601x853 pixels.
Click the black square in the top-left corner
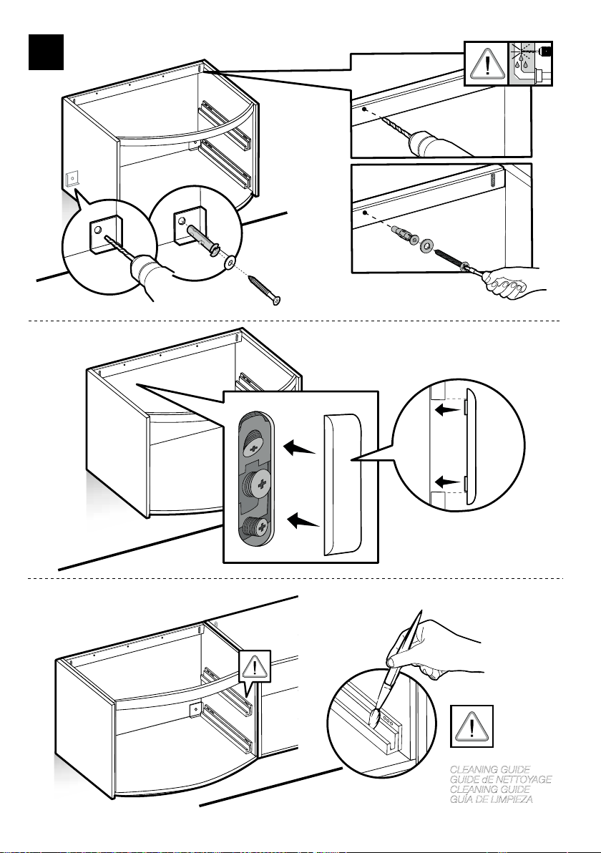click(47, 52)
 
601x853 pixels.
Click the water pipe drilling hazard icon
click(530, 64)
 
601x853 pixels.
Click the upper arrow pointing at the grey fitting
click(300, 449)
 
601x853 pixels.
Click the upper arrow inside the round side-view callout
click(448, 409)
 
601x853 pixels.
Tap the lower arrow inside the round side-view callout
click(448, 482)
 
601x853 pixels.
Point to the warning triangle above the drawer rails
click(254, 665)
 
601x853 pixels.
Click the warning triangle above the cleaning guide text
click(471, 726)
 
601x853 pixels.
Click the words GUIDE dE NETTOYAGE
click(501, 779)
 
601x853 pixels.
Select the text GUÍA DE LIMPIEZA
click(492, 799)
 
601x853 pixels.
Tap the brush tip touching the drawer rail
click(374, 718)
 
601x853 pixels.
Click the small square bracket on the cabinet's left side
click(72, 179)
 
